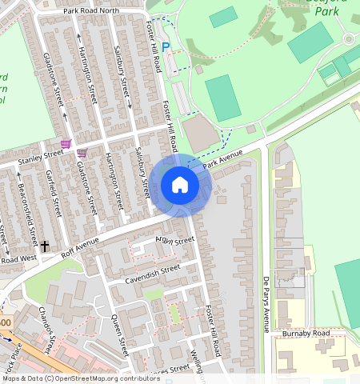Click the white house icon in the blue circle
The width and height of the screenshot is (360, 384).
[x=180, y=186]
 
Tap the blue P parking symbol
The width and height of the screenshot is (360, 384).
[x=166, y=47]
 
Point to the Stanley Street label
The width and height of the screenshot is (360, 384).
[x=42, y=154]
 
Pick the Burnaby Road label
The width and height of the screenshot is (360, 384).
[x=305, y=333]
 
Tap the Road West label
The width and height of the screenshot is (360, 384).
[x=18, y=259]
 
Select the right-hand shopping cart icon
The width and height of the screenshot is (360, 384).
[x=82, y=152]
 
